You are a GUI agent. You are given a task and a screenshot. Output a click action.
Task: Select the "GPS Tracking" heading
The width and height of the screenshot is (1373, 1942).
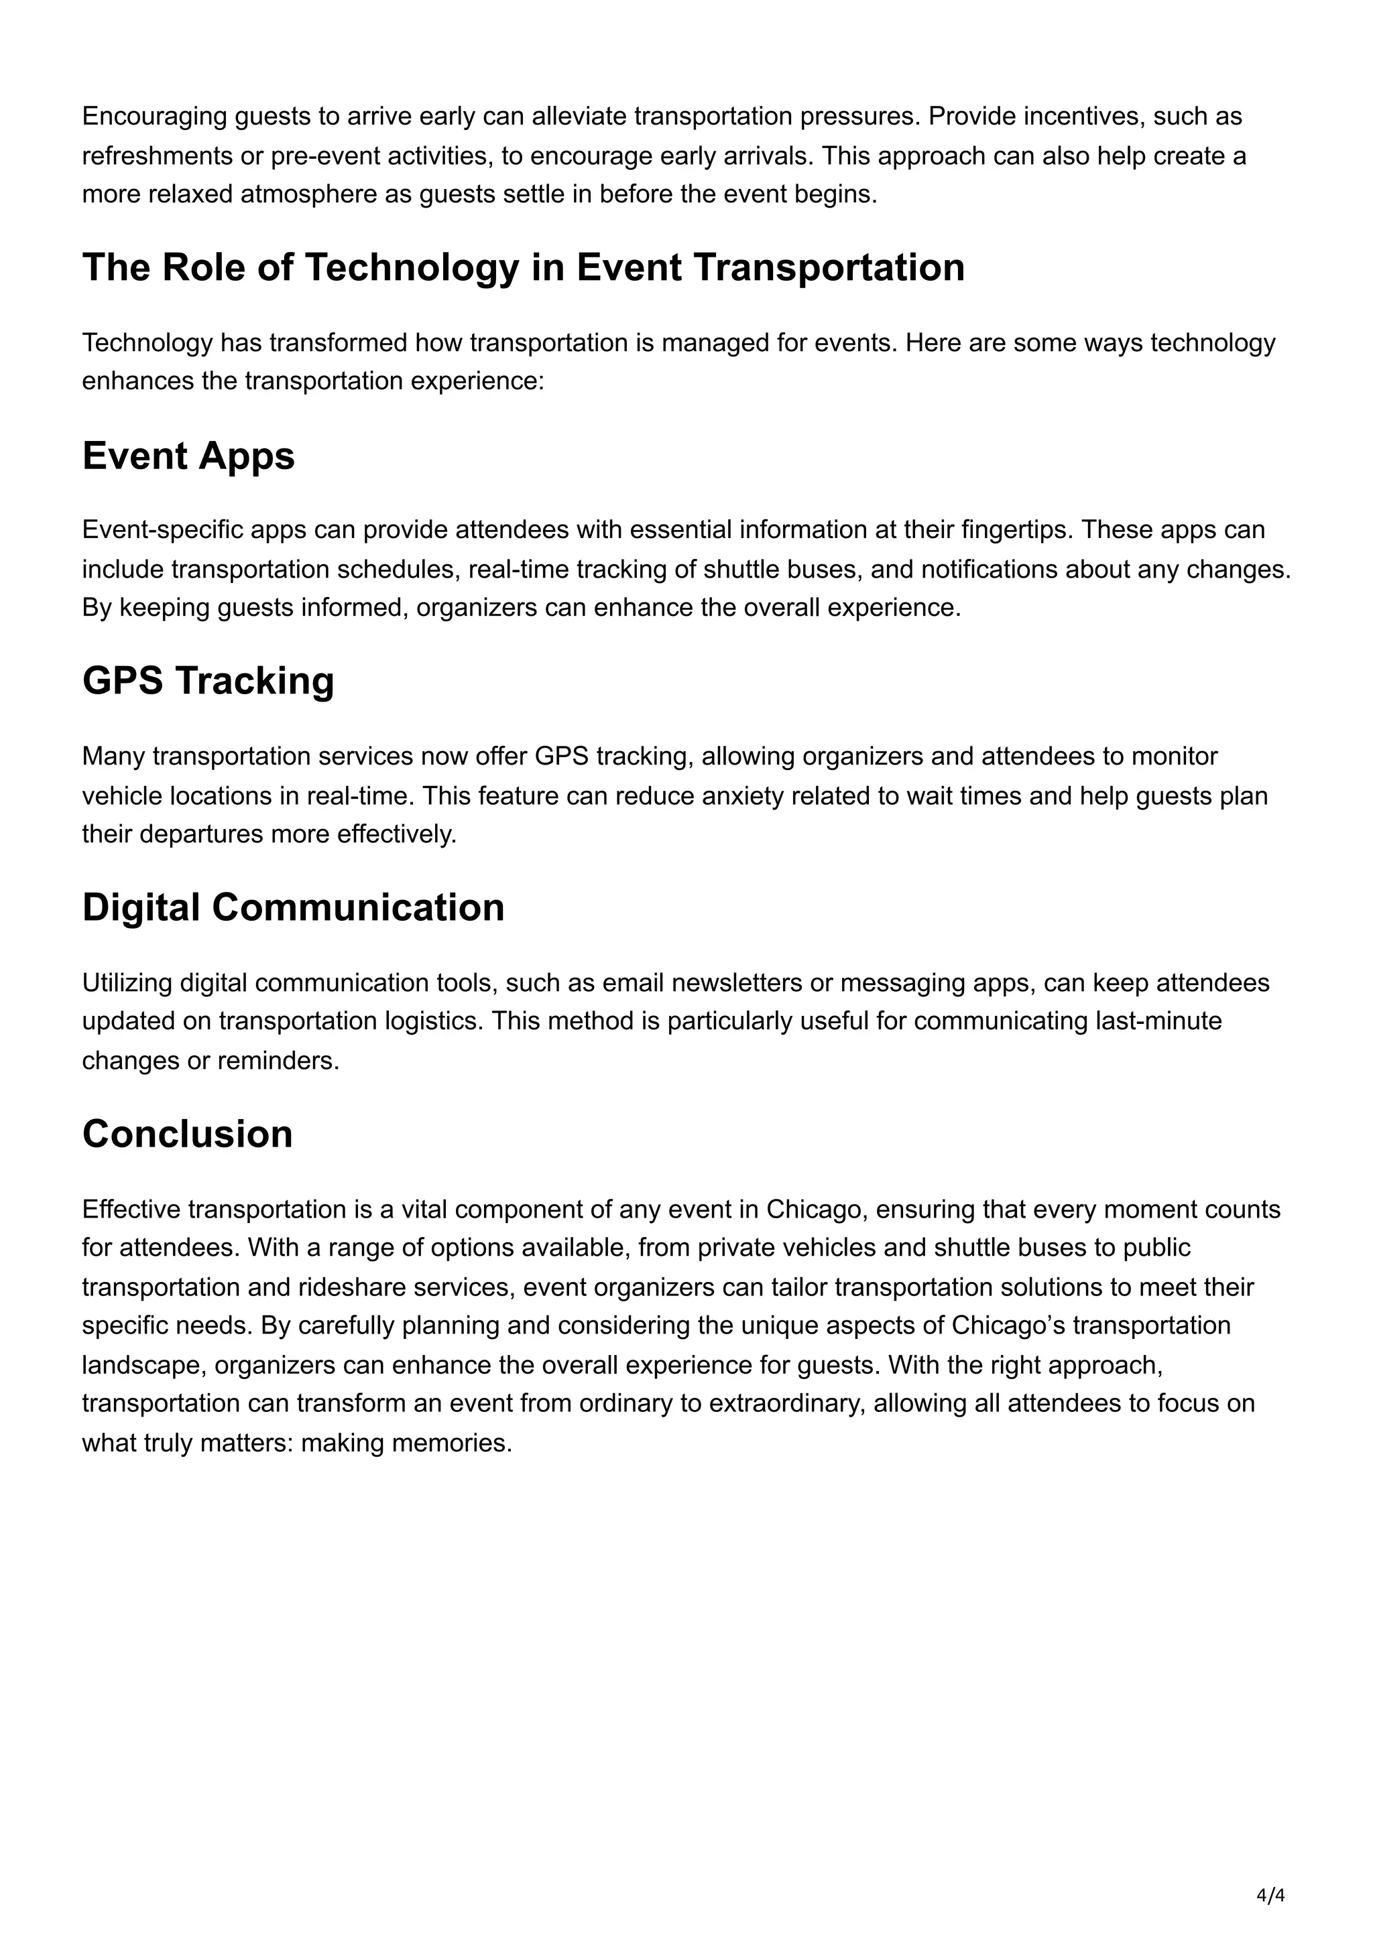tap(208, 681)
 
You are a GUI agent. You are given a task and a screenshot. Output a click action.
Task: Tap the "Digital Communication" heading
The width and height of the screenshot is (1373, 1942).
tap(293, 907)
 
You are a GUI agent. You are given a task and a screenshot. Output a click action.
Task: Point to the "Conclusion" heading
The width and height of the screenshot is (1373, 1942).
tap(187, 1135)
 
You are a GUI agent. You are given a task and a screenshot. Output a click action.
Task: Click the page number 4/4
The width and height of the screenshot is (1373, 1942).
tap(1270, 1896)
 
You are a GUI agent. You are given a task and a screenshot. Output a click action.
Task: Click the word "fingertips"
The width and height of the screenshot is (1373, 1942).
tap(1017, 530)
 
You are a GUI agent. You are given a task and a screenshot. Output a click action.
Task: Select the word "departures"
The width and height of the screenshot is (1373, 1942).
tap(200, 835)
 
